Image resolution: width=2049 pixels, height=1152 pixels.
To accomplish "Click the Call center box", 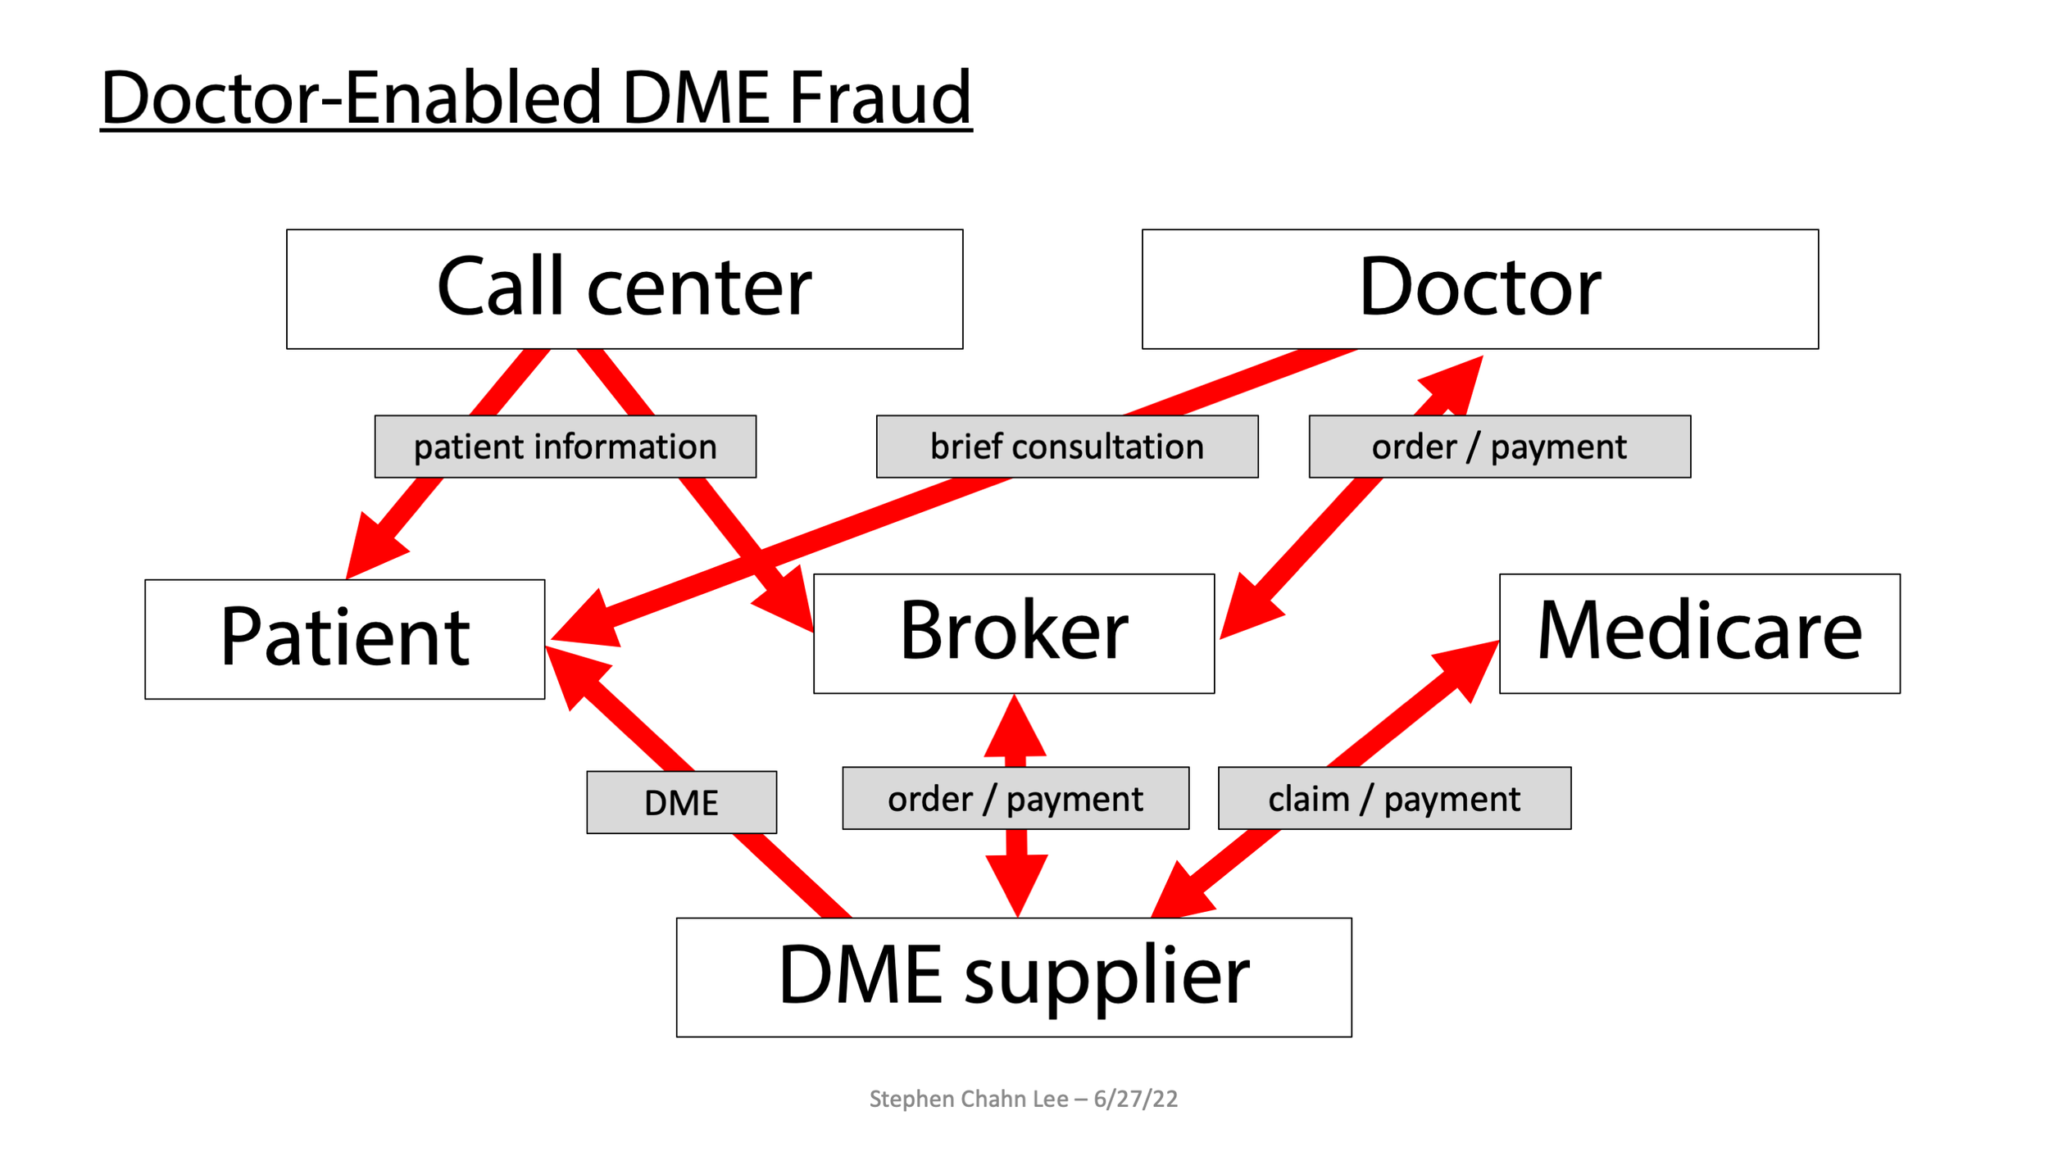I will click(x=625, y=288).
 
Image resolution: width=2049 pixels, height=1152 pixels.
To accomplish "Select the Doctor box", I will click(x=1480, y=288).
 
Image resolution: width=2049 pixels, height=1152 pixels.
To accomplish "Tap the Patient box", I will click(x=344, y=639).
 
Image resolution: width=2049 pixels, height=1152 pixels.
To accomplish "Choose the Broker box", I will click(x=1014, y=633).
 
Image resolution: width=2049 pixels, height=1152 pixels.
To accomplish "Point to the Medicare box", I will click(x=1700, y=633).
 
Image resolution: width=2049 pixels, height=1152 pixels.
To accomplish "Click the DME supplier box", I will click(x=1014, y=977).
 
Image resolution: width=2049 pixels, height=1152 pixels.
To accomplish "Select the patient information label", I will click(x=565, y=447).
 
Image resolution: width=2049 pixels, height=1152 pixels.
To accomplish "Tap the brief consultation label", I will click(x=1067, y=447).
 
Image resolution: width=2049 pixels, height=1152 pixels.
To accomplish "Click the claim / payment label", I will click(x=1394, y=799).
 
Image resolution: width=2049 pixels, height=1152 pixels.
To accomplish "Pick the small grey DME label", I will click(x=681, y=802).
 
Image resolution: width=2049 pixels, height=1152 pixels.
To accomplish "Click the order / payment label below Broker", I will click(x=1015, y=799).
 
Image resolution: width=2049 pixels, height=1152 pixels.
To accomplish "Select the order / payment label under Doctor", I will click(x=1499, y=447).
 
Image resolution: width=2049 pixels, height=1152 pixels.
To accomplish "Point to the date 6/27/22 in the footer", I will click(x=1135, y=1099).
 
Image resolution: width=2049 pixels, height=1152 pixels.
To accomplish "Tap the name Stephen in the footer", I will click(x=902, y=1099).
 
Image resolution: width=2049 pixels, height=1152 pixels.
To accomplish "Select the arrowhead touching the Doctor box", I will click(x=1457, y=381).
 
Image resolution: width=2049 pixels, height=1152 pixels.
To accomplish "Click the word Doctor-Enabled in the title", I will click(x=352, y=98).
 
